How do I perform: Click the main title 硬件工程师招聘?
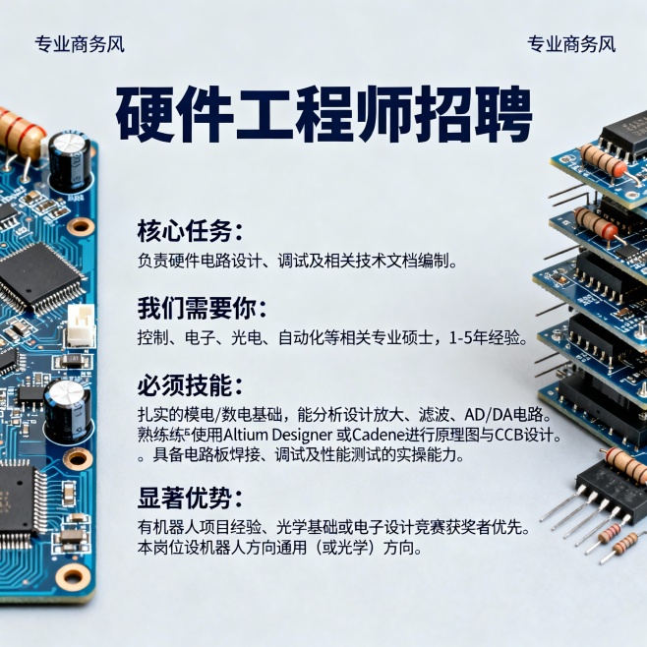pyautogui.click(x=323, y=115)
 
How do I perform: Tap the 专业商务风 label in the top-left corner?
pyautogui.click(x=80, y=44)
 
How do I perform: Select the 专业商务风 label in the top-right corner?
pyautogui.click(x=571, y=44)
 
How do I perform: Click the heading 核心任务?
pyautogui.click(x=189, y=232)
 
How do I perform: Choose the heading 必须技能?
pyautogui.click(x=189, y=384)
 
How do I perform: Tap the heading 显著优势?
pyautogui.click(x=189, y=497)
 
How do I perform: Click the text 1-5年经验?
pyautogui.click(x=488, y=338)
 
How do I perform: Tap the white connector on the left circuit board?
pyautogui.click(x=80, y=324)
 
